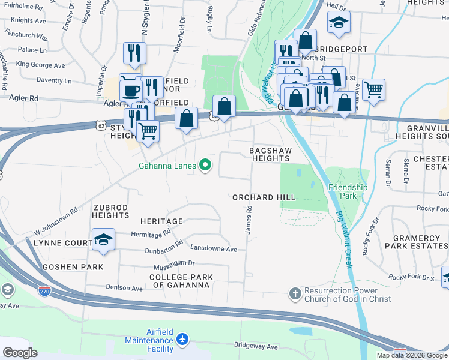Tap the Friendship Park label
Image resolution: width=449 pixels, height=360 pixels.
pyautogui.click(x=348, y=191)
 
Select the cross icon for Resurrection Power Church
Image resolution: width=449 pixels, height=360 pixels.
pyautogui.click(x=295, y=293)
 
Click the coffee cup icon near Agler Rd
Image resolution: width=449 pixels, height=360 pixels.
pyautogui.click(x=130, y=91)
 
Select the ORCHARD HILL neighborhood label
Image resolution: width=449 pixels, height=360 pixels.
pyautogui.click(x=264, y=197)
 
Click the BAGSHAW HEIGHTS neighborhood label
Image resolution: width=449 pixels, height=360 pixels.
pyautogui.click(x=270, y=154)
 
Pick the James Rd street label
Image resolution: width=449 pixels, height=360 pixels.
pyautogui.click(x=247, y=221)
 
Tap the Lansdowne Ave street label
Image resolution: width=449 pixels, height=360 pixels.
pyautogui.click(x=214, y=247)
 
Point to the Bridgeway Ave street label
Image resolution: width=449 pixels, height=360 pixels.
pyautogui.click(x=255, y=347)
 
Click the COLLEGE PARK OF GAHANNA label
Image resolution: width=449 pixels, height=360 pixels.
pyautogui.click(x=179, y=281)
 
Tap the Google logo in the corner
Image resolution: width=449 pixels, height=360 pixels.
pyautogui.click(x=20, y=353)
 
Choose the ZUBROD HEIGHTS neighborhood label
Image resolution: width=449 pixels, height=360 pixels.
pyautogui.click(x=111, y=211)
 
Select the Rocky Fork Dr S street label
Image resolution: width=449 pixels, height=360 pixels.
pyautogui.click(x=411, y=277)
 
